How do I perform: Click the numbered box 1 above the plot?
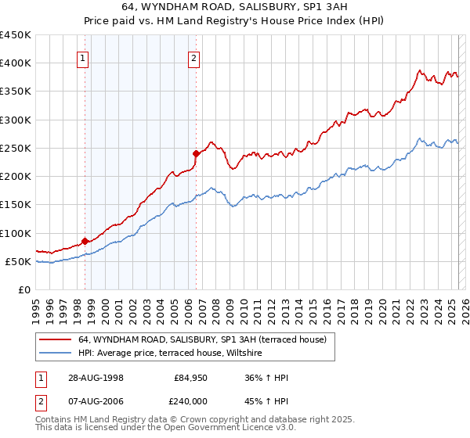point(83,57)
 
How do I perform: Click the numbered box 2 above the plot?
point(193,57)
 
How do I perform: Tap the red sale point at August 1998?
point(85,242)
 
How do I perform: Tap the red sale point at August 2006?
point(196,153)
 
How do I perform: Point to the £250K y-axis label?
point(16,148)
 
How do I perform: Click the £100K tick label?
point(16,233)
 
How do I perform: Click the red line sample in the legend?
point(54,339)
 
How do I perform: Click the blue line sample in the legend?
point(54,354)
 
